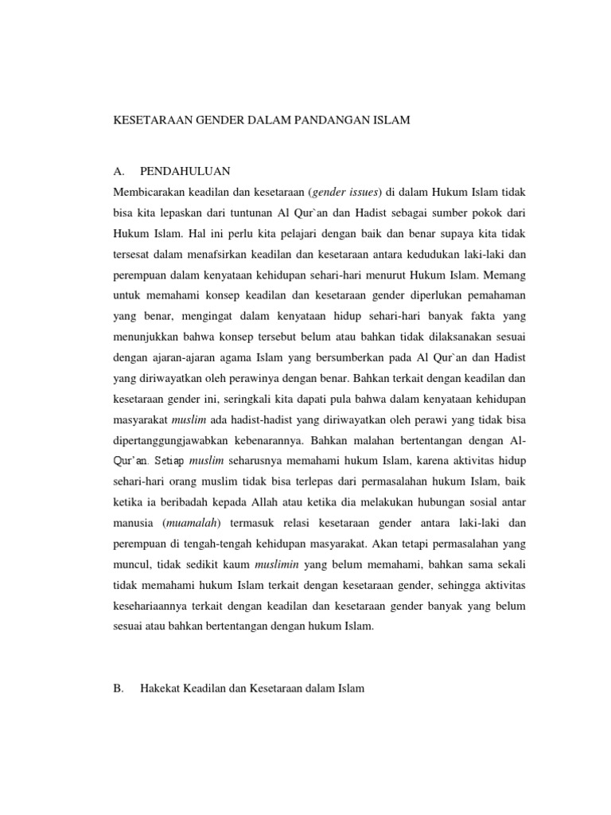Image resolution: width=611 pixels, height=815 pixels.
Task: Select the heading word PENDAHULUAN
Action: point(185,171)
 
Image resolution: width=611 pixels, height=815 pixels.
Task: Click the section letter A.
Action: point(120,171)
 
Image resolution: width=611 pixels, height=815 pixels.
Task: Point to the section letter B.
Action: point(119,688)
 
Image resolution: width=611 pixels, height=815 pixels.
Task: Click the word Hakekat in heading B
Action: point(162,688)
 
